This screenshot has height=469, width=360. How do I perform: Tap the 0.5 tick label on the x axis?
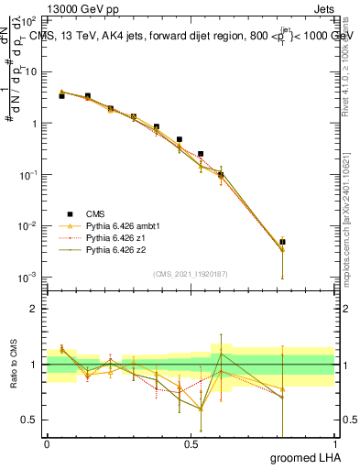coord(191,443)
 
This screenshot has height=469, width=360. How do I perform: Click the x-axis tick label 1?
coord(334,443)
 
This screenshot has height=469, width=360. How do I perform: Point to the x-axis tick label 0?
coord(47,443)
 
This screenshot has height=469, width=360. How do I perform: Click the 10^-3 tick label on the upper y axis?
coord(29,277)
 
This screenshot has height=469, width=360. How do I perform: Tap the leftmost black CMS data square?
coord(61,95)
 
